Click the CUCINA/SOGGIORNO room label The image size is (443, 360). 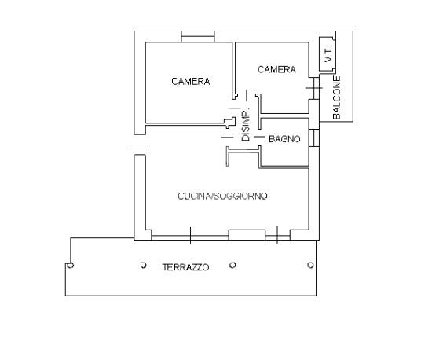[x=222, y=196]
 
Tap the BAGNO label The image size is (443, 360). [x=284, y=139]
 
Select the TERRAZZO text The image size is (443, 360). [x=185, y=267]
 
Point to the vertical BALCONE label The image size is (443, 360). [x=337, y=97]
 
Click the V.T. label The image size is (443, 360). [x=328, y=54]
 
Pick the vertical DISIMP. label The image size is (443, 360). [x=246, y=124]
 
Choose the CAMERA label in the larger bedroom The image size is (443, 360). [x=191, y=82]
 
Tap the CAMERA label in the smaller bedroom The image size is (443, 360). [x=276, y=69]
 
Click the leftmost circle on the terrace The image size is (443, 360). [x=71, y=265]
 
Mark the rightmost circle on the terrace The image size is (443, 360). [x=310, y=265]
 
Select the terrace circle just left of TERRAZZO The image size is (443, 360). [x=143, y=265]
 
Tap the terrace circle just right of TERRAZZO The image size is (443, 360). [x=232, y=265]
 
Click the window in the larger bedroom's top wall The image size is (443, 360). [x=198, y=37]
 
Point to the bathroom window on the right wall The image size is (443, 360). [x=314, y=138]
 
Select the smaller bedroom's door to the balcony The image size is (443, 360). [x=314, y=88]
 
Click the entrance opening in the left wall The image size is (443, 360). [x=140, y=145]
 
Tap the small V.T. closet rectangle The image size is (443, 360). [x=328, y=54]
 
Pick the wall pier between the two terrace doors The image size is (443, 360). [x=247, y=235]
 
